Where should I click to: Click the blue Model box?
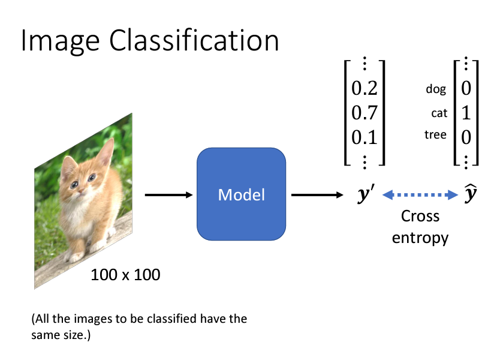(x=242, y=194)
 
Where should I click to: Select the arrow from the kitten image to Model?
(x=167, y=194)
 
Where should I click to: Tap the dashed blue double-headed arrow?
(x=420, y=194)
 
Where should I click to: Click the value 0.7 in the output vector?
(x=364, y=113)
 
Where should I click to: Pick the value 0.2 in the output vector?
(x=364, y=89)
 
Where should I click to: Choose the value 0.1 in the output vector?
(x=364, y=137)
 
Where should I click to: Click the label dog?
(x=436, y=89)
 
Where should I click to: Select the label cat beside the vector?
(x=439, y=113)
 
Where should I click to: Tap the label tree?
(x=435, y=135)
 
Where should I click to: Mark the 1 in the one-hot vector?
(x=466, y=113)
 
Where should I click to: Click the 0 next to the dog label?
(x=466, y=89)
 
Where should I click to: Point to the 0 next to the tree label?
(x=466, y=137)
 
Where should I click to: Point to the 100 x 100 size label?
(x=125, y=275)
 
